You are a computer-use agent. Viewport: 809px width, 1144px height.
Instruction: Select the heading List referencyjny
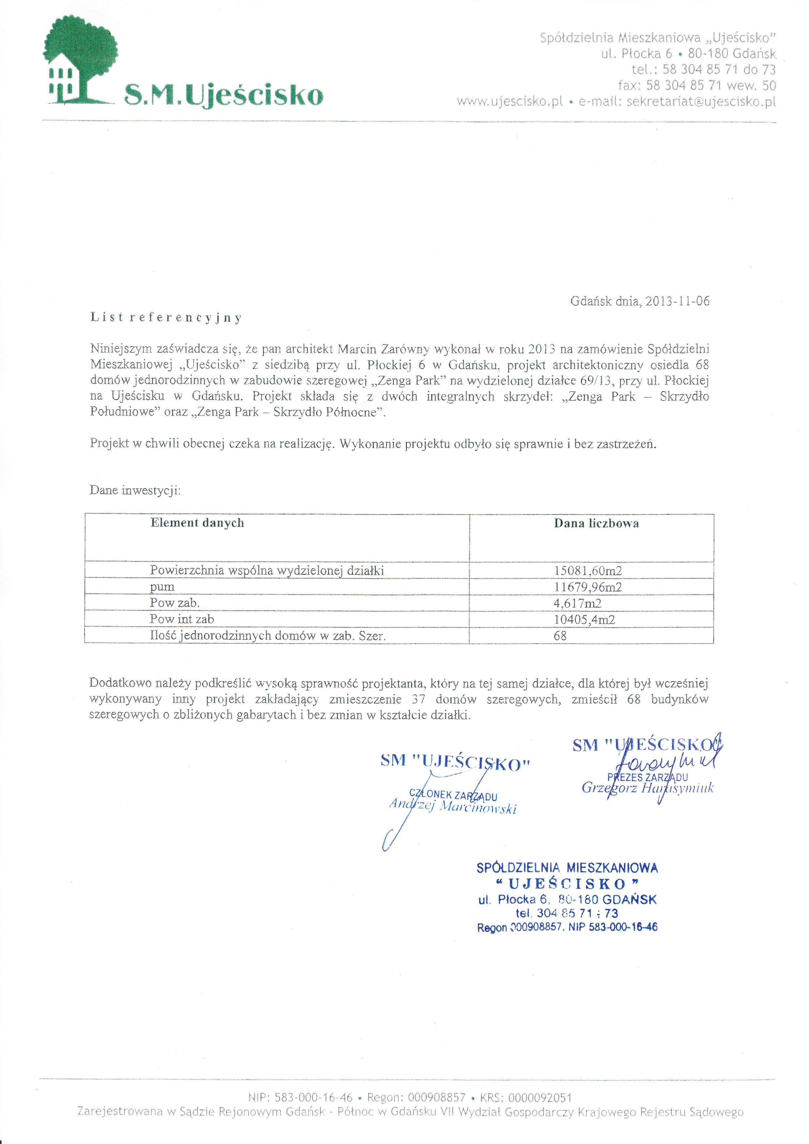coord(166,318)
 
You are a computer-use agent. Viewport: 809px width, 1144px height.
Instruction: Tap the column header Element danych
coord(197,523)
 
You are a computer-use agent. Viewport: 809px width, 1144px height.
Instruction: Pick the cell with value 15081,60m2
coord(588,571)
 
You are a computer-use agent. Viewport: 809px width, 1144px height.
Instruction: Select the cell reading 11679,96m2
coord(588,587)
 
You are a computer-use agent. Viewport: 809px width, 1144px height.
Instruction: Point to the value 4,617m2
coord(577,603)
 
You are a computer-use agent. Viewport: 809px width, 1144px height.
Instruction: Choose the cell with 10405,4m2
coord(584,619)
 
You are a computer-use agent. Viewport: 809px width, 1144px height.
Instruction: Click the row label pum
coord(162,587)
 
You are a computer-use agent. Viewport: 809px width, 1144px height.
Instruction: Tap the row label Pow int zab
coord(182,619)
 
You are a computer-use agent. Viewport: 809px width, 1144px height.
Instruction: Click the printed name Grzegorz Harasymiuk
coord(647,788)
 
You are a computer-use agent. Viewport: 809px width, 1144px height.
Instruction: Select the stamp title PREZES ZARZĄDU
coord(648,777)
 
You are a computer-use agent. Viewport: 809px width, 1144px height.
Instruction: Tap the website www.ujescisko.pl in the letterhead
coord(510,102)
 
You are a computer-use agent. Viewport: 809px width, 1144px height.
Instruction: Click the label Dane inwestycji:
coord(135,490)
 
